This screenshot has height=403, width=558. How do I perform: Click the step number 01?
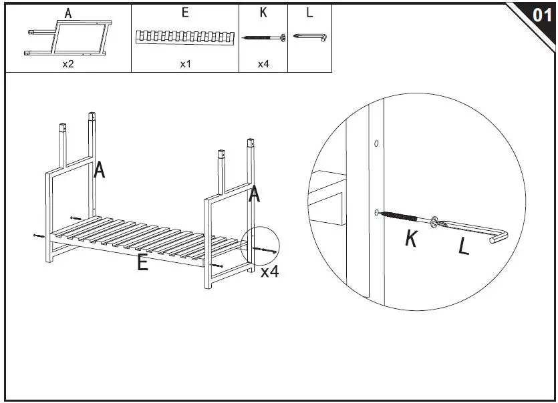tap(542, 15)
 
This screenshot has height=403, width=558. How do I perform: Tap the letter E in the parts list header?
tap(185, 13)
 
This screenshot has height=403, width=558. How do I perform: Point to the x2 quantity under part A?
tap(68, 65)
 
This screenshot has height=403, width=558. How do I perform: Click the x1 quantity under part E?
tap(185, 65)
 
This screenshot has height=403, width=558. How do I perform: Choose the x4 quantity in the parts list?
tap(263, 65)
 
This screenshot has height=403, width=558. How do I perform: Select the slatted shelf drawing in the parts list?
tap(185, 37)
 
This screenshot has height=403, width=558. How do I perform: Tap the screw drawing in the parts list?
tap(263, 37)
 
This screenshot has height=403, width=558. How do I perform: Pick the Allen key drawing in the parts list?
tap(310, 37)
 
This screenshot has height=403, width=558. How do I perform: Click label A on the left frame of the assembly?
tap(100, 170)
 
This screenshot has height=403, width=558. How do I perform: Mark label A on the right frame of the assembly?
tap(255, 195)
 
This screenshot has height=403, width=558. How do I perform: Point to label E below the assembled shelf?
tap(142, 262)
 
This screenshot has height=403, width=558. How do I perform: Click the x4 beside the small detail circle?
tap(269, 272)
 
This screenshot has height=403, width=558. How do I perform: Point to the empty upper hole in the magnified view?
tap(376, 143)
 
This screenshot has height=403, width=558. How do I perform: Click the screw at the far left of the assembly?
tap(37, 236)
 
